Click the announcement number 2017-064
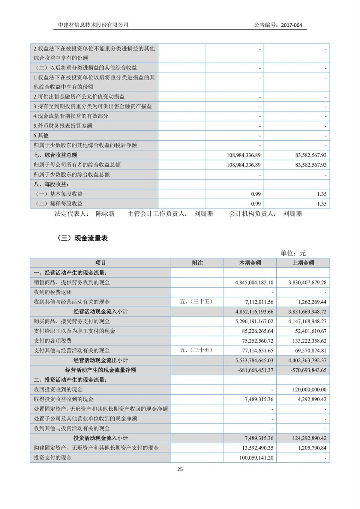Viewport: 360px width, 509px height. click(291, 25)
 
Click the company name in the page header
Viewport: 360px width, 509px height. click(93, 25)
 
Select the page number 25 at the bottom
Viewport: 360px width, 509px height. click(180, 469)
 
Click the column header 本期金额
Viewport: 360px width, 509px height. click(250, 263)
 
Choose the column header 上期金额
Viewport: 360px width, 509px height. click(303, 263)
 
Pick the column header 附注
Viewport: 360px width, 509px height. click(197, 263)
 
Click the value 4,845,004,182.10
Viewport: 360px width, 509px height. click(254, 283)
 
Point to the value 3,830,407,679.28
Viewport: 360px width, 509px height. click(307, 283)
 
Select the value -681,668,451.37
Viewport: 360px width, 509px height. click(255, 370)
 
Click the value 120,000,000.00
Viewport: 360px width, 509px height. click(309, 390)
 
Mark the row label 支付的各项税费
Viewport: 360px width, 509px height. click(52, 341)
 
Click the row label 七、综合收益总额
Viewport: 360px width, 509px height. click(55, 155)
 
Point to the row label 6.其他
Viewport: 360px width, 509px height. click(41, 136)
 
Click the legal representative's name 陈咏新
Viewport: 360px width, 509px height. click(105, 214)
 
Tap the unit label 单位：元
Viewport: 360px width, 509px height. click(293, 253)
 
